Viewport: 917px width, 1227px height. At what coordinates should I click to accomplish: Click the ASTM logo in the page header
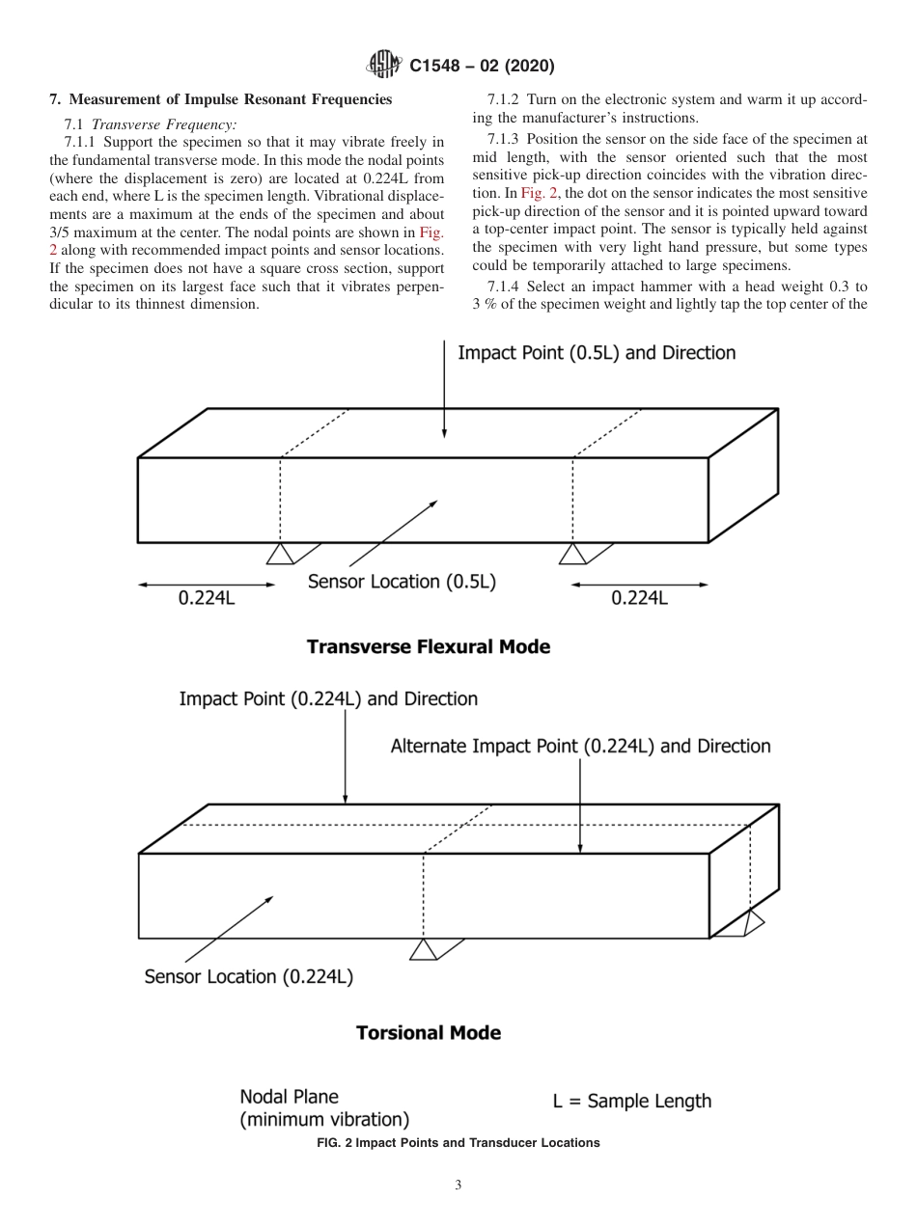click(x=385, y=66)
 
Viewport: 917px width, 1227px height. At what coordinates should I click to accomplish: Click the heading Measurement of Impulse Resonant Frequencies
click(x=221, y=99)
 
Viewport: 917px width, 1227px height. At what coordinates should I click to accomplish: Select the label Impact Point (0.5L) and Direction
click(x=596, y=353)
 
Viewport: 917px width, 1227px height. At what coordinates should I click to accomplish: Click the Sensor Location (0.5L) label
click(x=402, y=582)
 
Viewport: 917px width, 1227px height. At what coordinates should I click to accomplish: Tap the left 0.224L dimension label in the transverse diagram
click(x=207, y=598)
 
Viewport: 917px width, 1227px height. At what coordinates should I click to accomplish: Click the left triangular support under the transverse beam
click(x=280, y=554)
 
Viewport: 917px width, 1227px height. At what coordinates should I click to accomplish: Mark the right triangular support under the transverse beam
click(x=572, y=554)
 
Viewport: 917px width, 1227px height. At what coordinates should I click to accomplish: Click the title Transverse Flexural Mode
click(x=428, y=646)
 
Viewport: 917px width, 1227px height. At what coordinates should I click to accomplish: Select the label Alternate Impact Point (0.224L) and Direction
click(x=580, y=746)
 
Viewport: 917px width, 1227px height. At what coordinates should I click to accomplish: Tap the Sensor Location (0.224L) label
click(x=248, y=976)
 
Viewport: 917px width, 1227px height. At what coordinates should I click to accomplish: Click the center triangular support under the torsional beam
click(x=423, y=950)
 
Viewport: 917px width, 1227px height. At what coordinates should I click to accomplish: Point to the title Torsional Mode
click(x=428, y=1032)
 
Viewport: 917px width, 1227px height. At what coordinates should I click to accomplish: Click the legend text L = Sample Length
click(x=631, y=1101)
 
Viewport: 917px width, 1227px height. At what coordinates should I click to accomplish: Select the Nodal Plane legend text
click(x=323, y=1108)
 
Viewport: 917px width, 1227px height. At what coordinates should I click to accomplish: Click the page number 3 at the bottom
click(x=458, y=1186)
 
